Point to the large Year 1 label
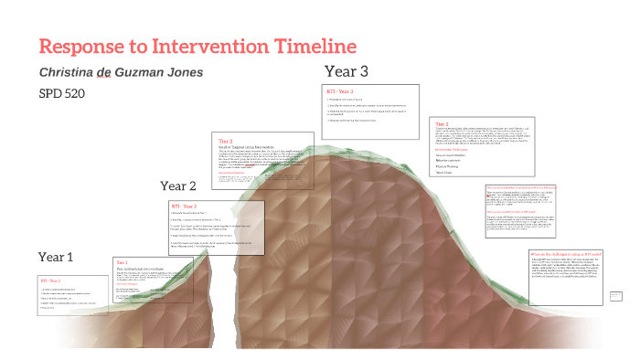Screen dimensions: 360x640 [x=56, y=257]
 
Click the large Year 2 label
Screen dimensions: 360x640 [x=178, y=186]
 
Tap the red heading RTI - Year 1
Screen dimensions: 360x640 [x=50, y=280]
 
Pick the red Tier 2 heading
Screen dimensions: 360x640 [x=226, y=141]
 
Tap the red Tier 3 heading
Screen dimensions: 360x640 [x=442, y=123]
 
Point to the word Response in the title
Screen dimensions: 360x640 [x=83, y=47]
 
